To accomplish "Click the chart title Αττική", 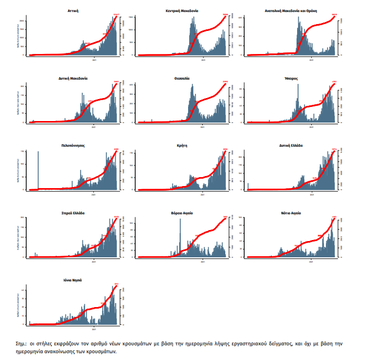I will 73,10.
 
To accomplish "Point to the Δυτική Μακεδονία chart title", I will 73,78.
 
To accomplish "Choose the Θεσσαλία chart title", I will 182,78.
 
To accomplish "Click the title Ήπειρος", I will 291,78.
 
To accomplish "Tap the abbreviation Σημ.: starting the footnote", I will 23,343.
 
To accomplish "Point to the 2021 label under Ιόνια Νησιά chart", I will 94,330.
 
